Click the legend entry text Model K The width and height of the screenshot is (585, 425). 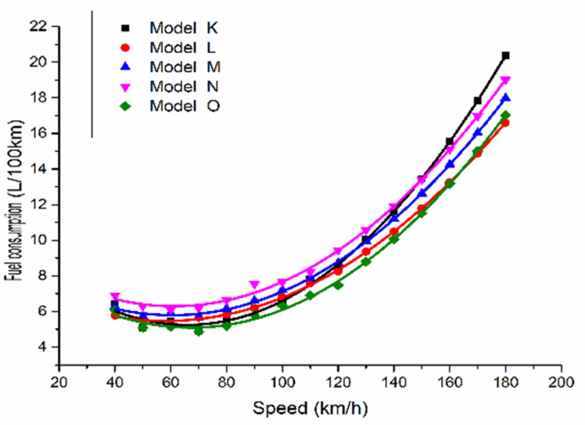pos(183,28)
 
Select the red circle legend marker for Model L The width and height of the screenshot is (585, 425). pos(125,48)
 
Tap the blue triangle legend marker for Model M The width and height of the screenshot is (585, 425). pos(125,67)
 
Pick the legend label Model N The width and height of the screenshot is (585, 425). pos(184,86)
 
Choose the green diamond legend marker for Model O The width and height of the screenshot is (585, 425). pos(125,106)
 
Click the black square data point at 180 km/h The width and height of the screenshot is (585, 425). pos(505,56)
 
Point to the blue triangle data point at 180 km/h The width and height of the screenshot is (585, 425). pos(505,98)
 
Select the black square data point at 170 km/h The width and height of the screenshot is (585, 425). pos(477,101)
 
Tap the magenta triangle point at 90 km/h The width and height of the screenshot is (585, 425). pos(254,285)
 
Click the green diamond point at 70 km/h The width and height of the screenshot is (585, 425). pos(198,331)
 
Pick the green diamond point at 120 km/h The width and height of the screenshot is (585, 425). pos(338,285)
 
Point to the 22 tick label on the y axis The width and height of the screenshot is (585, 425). pos(38,26)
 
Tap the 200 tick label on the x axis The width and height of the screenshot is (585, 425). pos(561,382)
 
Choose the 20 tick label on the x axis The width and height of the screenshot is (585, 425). pos(59,382)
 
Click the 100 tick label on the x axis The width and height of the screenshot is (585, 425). pos(282,382)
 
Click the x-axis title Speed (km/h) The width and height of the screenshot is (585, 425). pos(310,408)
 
